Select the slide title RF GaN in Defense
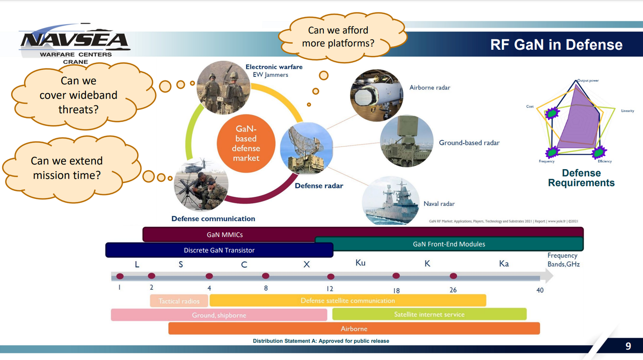click(x=556, y=45)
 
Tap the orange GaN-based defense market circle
click(x=246, y=144)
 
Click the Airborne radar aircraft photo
click(x=376, y=95)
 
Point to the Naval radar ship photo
click(x=390, y=201)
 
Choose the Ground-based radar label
click(x=469, y=143)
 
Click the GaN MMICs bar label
click(x=225, y=234)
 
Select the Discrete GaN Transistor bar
click(x=219, y=250)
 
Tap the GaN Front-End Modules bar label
click(x=449, y=244)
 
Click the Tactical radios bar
click(x=179, y=301)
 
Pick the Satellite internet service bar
click(x=429, y=314)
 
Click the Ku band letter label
click(x=360, y=263)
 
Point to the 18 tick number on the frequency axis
click(x=396, y=290)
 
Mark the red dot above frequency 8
click(x=266, y=276)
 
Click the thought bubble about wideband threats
click(x=78, y=95)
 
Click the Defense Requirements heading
click(x=581, y=178)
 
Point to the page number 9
click(x=628, y=346)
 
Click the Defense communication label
click(x=213, y=218)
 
